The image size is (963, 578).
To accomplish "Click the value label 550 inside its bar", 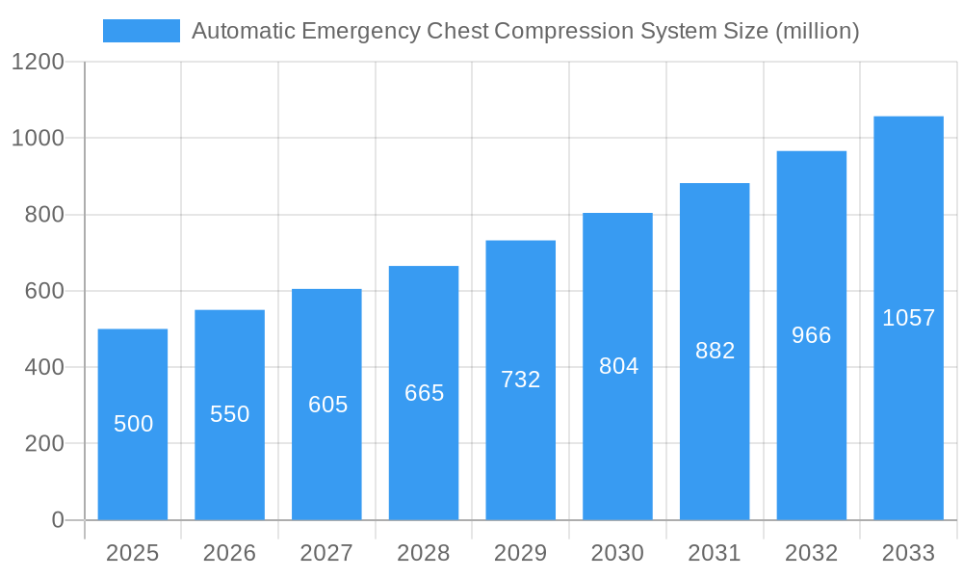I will [230, 414].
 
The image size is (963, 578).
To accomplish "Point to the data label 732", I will [521, 380].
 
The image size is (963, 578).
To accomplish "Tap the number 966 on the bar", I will [811, 335].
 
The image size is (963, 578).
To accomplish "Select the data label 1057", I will [908, 318].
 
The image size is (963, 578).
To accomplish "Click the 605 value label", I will [327, 405].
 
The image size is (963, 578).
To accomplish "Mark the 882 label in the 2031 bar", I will [715, 351].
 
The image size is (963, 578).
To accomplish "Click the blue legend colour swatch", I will [142, 31].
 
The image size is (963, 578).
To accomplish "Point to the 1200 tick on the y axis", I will [38, 63].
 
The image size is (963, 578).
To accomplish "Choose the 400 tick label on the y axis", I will [44, 367].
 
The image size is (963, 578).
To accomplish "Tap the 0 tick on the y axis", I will [57, 520].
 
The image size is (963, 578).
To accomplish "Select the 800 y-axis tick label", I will [44, 215].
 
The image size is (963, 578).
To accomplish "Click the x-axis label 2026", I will [230, 553].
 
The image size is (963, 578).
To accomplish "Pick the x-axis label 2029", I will [521, 553].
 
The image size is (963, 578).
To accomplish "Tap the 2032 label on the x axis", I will [811, 553].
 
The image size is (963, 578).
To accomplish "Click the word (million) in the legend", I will [817, 31].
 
